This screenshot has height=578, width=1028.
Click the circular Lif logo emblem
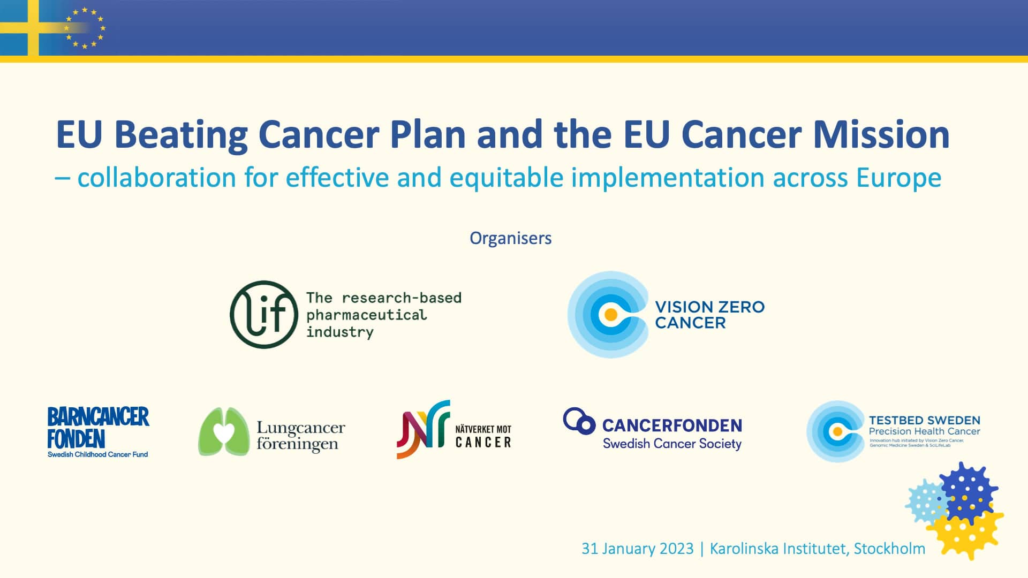[x=263, y=315]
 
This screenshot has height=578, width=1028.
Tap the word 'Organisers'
[x=510, y=238]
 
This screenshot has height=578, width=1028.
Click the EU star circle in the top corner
[x=85, y=28]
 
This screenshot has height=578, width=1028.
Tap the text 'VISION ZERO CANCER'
[x=709, y=315]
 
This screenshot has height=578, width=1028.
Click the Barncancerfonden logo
[x=98, y=431]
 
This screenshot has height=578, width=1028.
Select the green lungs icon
[x=224, y=431]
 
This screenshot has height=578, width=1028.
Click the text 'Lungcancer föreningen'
[x=300, y=436]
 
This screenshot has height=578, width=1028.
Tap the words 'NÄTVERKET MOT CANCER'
[x=483, y=436]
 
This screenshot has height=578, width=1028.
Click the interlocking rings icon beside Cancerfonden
[x=579, y=421]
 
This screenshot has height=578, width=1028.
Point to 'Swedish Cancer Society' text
[x=672, y=444]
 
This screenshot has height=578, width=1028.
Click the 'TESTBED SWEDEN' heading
[x=924, y=421]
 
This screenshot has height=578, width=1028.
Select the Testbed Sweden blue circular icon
[x=836, y=431]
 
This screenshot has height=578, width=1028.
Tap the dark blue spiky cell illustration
[x=968, y=492]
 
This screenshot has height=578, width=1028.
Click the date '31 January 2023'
[x=637, y=549]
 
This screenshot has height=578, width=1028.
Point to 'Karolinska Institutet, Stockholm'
[x=817, y=549]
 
